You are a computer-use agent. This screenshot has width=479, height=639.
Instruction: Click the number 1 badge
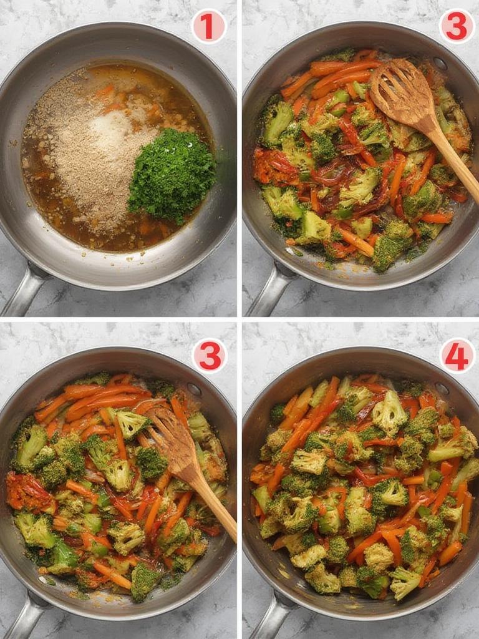[x=208, y=27]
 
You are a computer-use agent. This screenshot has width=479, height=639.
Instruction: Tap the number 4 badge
[x=457, y=356]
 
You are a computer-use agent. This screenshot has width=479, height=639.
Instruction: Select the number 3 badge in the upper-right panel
[x=457, y=27]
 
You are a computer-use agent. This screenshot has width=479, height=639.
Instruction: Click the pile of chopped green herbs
[x=172, y=175]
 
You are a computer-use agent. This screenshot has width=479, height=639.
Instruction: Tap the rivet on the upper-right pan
[x=440, y=64]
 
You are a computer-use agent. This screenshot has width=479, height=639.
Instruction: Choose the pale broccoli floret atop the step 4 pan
[x=389, y=412]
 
